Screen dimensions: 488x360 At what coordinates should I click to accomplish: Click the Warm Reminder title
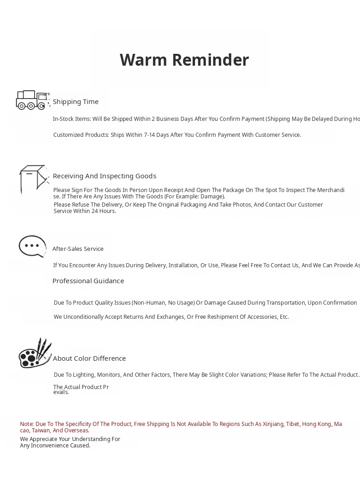click(x=184, y=60)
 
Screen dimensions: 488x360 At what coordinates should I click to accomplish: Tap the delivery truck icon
click(x=32, y=100)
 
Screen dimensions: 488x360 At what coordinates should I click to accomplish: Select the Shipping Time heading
click(x=76, y=102)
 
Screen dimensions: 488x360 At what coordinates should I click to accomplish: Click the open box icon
click(x=33, y=179)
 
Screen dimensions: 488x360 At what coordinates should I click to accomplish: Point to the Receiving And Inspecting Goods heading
click(x=104, y=176)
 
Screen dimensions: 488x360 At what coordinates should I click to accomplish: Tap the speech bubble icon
click(x=32, y=246)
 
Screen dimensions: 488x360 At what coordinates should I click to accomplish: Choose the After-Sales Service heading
click(x=78, y=249)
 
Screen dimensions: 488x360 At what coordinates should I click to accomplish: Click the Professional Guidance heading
click(x=88, y=281)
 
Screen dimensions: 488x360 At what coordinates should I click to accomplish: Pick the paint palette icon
click(x=35, y=354)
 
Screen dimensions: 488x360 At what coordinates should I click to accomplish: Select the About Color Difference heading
click(x=89, y=358)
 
